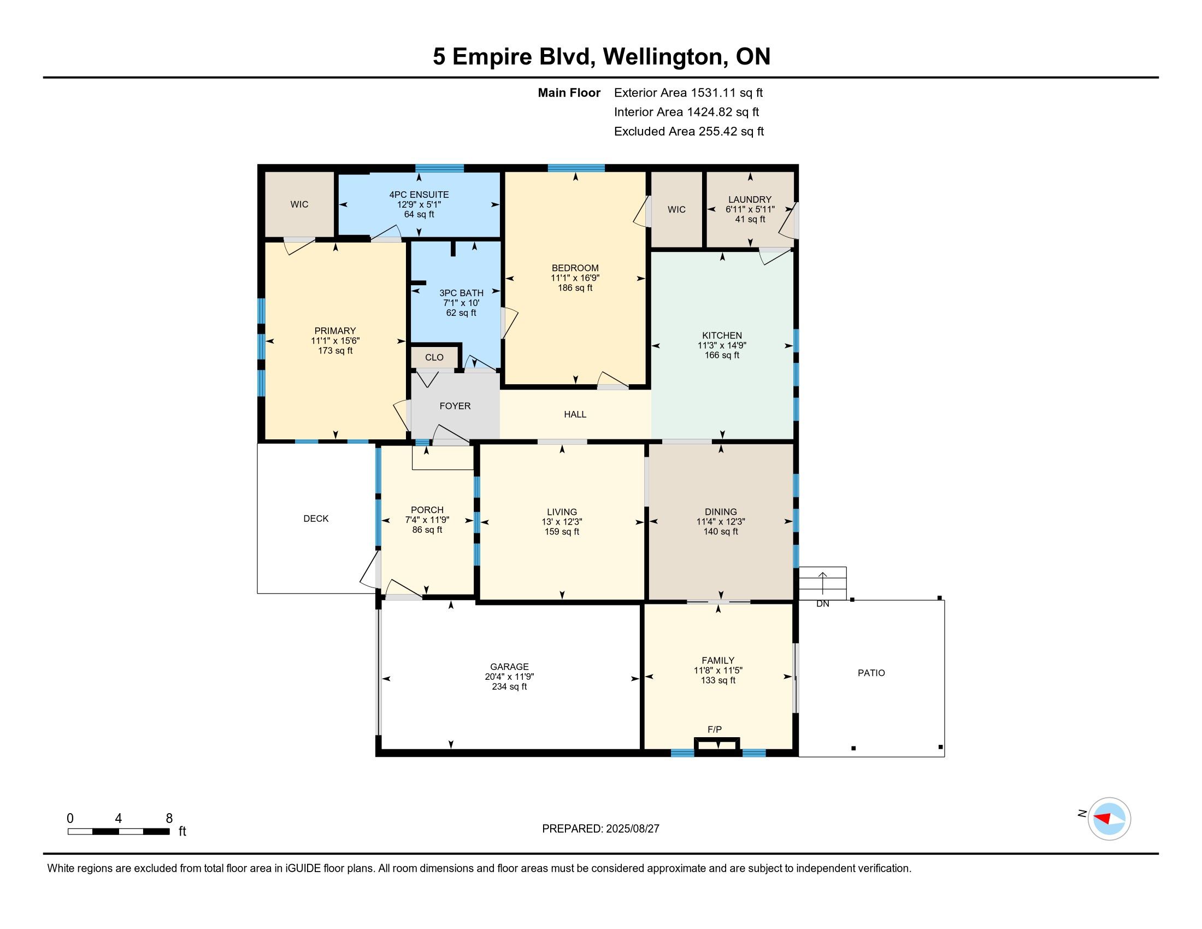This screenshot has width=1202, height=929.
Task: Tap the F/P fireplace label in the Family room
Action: [x=715, y=730]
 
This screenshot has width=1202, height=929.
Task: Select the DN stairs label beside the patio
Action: [x=823, y=604]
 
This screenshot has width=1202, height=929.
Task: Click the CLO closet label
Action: [x=434, y=358]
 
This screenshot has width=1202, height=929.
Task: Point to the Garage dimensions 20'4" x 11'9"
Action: [x=510, y=677]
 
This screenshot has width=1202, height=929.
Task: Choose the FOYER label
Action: [x=455, y=406]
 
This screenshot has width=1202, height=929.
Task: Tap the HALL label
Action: [x=575, y=414]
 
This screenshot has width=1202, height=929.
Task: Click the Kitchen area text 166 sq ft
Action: [x=722, y=356]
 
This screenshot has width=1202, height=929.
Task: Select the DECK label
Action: [x=316, y=519]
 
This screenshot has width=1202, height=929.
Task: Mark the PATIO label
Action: [x=871, y=673]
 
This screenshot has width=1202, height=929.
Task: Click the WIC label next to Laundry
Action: [x=676, y=210]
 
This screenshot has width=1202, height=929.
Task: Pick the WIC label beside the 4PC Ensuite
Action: [x=299, y=205]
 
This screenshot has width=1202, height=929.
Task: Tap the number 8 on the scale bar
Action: [x=169, y=818]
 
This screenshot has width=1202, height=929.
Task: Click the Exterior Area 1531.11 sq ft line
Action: [x=688, y=93]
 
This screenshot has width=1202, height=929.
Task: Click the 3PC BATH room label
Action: [x=461, y=293]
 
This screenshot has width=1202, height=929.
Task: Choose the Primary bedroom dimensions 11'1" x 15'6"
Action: [x=335, y=340]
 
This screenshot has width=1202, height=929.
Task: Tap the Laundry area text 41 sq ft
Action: [x=750, y=220]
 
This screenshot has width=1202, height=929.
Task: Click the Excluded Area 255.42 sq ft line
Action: [x=689, y=132]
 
